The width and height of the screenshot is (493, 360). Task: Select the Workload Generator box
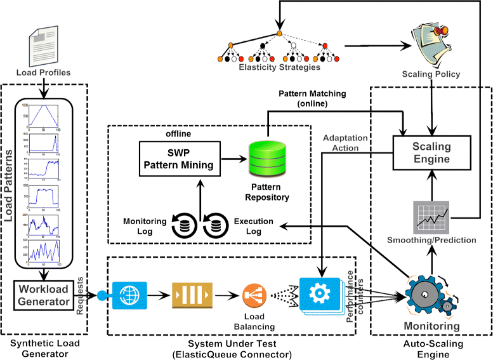coord(43,296)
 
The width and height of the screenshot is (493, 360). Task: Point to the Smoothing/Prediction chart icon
coord(431,217)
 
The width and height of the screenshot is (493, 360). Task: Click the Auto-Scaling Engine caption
coord(433,349)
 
